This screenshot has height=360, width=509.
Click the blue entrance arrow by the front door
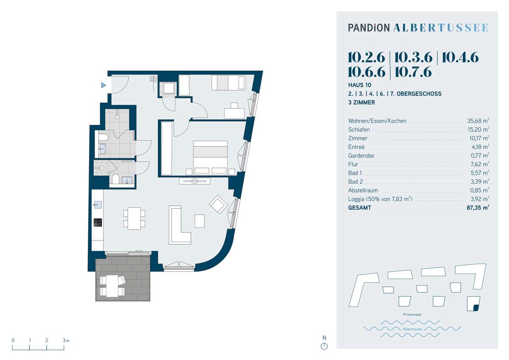point(103,85)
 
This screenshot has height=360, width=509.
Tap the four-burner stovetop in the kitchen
point(98,222)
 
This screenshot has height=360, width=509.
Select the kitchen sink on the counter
point(98,204)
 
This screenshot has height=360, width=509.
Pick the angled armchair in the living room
point(218,204)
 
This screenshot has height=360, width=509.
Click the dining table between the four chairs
point(134,218)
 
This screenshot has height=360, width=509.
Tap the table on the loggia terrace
point(112,286)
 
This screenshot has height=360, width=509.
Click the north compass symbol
point(324,346)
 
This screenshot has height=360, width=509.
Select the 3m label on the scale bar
point(66,340)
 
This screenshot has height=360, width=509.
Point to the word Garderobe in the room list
point(361,156)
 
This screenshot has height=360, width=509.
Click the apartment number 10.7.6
point(413,72)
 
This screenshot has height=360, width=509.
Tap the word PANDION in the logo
point(369,28)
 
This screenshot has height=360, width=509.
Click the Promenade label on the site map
point(412,315)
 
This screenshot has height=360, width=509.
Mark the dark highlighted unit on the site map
point(476,307)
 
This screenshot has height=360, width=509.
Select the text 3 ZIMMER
point(361,103)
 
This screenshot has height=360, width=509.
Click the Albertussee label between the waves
point(412,329)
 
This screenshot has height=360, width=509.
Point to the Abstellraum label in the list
point(363,190)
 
